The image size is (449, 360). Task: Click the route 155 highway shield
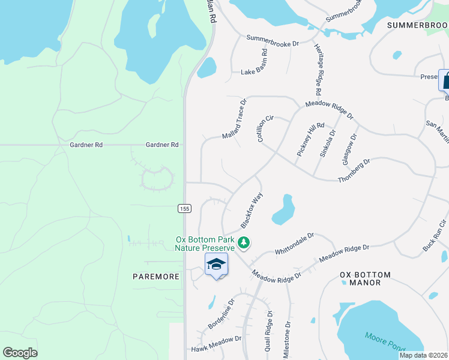coord(184,208)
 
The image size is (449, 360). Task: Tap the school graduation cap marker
coord(217,264)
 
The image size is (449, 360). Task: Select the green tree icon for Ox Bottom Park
coord(244,243)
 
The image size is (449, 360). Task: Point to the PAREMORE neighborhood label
coord(156,277)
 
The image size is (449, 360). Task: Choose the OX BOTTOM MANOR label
coord(365,278)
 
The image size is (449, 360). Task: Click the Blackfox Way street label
coord(252,210)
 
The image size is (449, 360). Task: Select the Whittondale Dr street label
coord(295,243)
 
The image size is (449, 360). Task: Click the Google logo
coord(20,352)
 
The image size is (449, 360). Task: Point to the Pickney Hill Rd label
coord(310,140)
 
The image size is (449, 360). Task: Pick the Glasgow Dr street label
coord(349,150)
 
